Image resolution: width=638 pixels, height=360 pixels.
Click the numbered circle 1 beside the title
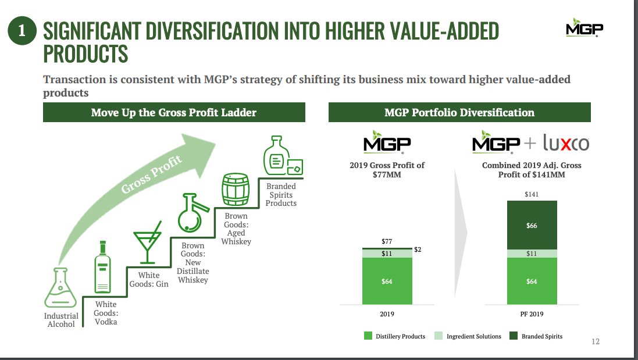pyautogui.click(x=22, y=31)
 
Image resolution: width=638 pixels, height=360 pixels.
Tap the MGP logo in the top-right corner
pyautogui.click(x=584, y=30)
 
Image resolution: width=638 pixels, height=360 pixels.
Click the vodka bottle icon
pyautogui.click(x=103, y=266)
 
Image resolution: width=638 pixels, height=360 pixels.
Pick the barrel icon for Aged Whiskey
pyautogui.click(x=236, y=189)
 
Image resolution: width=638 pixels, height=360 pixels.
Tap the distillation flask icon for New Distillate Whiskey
pyautogui.click(x=192, y=216)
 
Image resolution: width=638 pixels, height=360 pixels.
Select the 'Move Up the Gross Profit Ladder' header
pyautogui.click(x=174, y=112)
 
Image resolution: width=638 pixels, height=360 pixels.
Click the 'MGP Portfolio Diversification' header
pyautogui.click(x=459, y=112)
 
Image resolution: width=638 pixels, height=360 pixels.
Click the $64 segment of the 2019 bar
pyautogui.click(x=387, y=281)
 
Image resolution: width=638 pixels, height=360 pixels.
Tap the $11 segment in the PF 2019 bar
pyautogui.click(x=532, y=254)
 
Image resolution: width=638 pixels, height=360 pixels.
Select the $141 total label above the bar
pyautogui.click(x=532, y=194)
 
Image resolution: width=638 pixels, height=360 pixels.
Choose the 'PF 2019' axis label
pyautogui.click(x=532, y=314)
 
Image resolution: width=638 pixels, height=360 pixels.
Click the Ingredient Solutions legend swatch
pyautogui.click(x=439, y=336)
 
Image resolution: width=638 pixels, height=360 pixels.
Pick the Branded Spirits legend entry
pyautogui.click(x=536, y=336)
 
